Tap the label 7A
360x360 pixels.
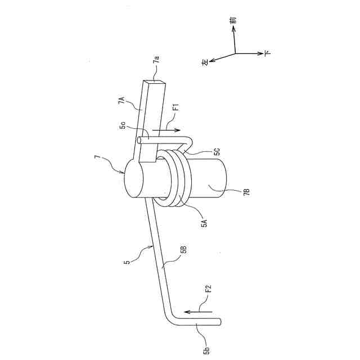pyautogui.click(x=121, y=101)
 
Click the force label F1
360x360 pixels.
pyautogui.click(x=175, y=106)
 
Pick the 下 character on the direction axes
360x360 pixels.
pyautogui.click(x=267, y=54)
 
